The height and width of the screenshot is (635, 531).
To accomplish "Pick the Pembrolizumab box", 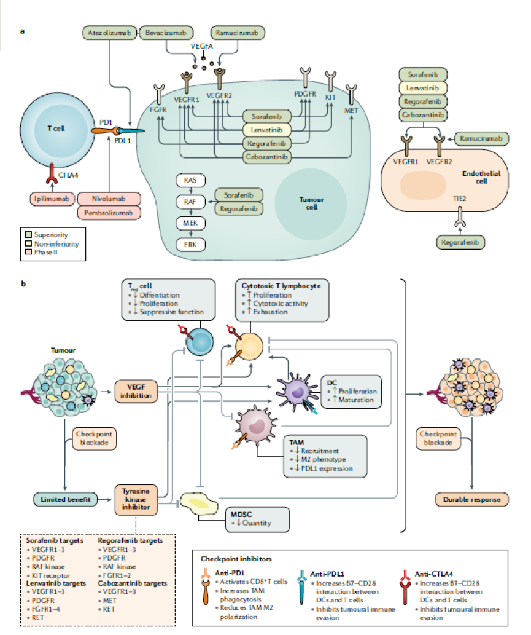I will pos(109,213).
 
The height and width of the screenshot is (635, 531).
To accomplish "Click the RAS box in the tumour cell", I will pos(190,180).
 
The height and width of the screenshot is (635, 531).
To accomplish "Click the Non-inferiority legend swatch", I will pos(27,242).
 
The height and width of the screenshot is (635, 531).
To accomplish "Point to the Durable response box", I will pos(471,500).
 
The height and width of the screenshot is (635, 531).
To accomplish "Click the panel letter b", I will pos(23,285).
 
